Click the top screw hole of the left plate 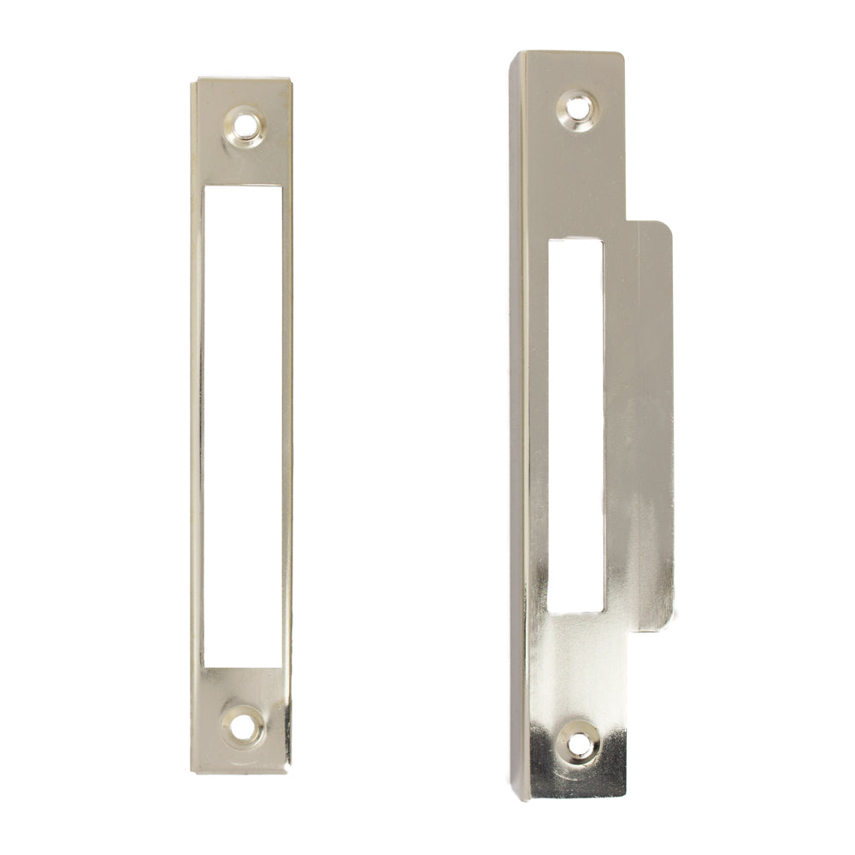tap(245, 122)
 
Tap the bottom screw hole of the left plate tap(244, 722)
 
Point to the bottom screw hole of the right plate tap(577, 744)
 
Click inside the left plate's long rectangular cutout tap(243, 427)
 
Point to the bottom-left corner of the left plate tap(192, 772)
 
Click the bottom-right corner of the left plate tap(291, 772)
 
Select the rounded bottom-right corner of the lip tap(669, 626)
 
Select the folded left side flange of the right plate tap(519, 427)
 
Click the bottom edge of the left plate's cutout tap(243, 668)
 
